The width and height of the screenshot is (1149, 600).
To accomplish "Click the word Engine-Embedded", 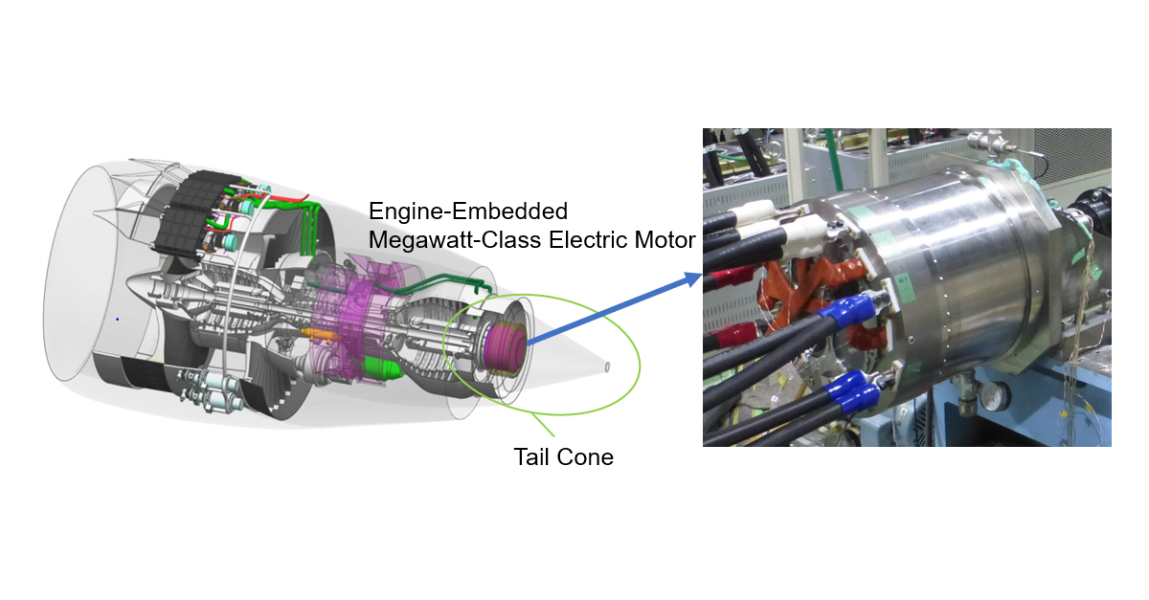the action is tap(468, 211).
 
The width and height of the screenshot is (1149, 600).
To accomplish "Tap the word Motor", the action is tap(665, 240).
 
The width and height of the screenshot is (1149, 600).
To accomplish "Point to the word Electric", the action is tap(589, 240).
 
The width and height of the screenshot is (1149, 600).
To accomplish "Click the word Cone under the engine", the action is tap(585, 456).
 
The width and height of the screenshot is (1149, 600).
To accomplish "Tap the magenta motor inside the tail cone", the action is tap(506, 346).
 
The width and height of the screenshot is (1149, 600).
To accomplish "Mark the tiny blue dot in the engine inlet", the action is tap(118, 320).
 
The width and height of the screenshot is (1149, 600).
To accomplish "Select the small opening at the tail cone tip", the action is tap(607, 367).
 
